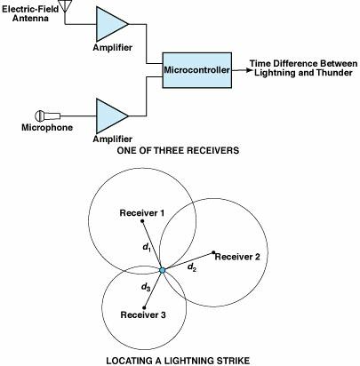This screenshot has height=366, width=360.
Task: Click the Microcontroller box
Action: pos(196,68)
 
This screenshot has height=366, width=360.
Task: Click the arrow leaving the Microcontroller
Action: pos(241,68)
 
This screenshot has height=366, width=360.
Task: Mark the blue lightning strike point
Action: pos(164,268)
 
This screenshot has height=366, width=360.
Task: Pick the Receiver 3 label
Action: pos(145,315)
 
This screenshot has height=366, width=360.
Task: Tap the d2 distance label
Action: pos(190,267)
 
